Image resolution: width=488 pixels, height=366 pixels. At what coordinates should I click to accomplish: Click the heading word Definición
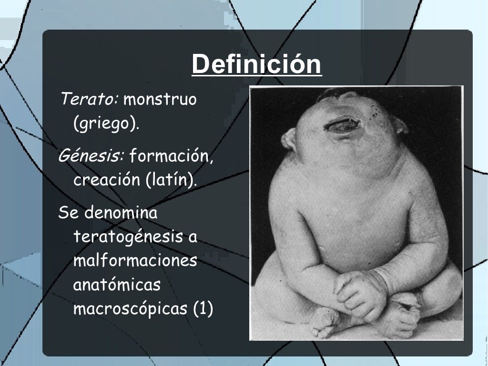(256, 64)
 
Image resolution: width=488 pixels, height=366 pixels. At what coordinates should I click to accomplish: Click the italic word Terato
(89, 100)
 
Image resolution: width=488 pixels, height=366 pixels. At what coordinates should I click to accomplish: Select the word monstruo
(160, 100)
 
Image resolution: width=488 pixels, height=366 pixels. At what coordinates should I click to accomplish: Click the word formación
(172, 156)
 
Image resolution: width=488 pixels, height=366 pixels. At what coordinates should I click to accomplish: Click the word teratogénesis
(128, 237)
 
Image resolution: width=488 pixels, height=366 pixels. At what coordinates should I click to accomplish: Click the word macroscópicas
(130, 309)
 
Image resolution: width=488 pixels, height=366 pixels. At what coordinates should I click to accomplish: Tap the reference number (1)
(203, 309)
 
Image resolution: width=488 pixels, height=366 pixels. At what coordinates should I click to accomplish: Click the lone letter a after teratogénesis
(193, 237)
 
